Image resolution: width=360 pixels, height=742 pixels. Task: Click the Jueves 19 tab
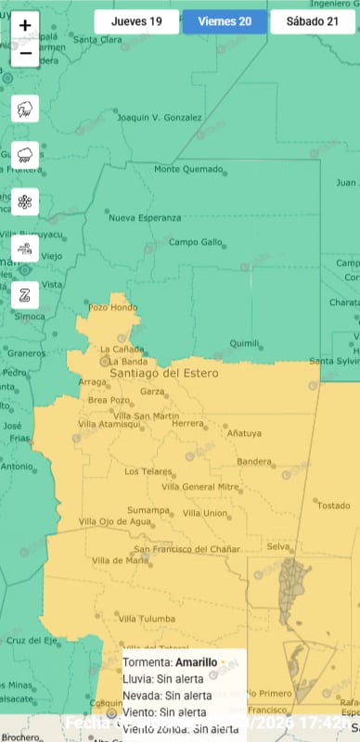pos(136,21)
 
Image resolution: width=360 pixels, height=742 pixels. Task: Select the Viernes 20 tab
pos(225,21)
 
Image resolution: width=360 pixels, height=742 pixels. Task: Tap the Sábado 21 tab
pos(312,21)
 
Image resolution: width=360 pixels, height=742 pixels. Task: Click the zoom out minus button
pos(25,54)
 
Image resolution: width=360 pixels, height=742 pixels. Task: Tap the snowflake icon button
pos(25,201)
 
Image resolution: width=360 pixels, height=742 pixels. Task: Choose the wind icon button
pos(25,248)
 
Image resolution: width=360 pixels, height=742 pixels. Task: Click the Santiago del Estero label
pos(164,373)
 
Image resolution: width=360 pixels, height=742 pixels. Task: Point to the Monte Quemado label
pos(186,169)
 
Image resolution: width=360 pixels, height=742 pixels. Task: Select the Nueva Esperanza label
pos(145,218)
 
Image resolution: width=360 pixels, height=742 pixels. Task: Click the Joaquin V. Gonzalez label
pos(160,118)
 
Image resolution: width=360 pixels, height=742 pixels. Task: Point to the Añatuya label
pos(245,433)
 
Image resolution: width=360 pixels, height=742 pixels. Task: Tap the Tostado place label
pos(334,505)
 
